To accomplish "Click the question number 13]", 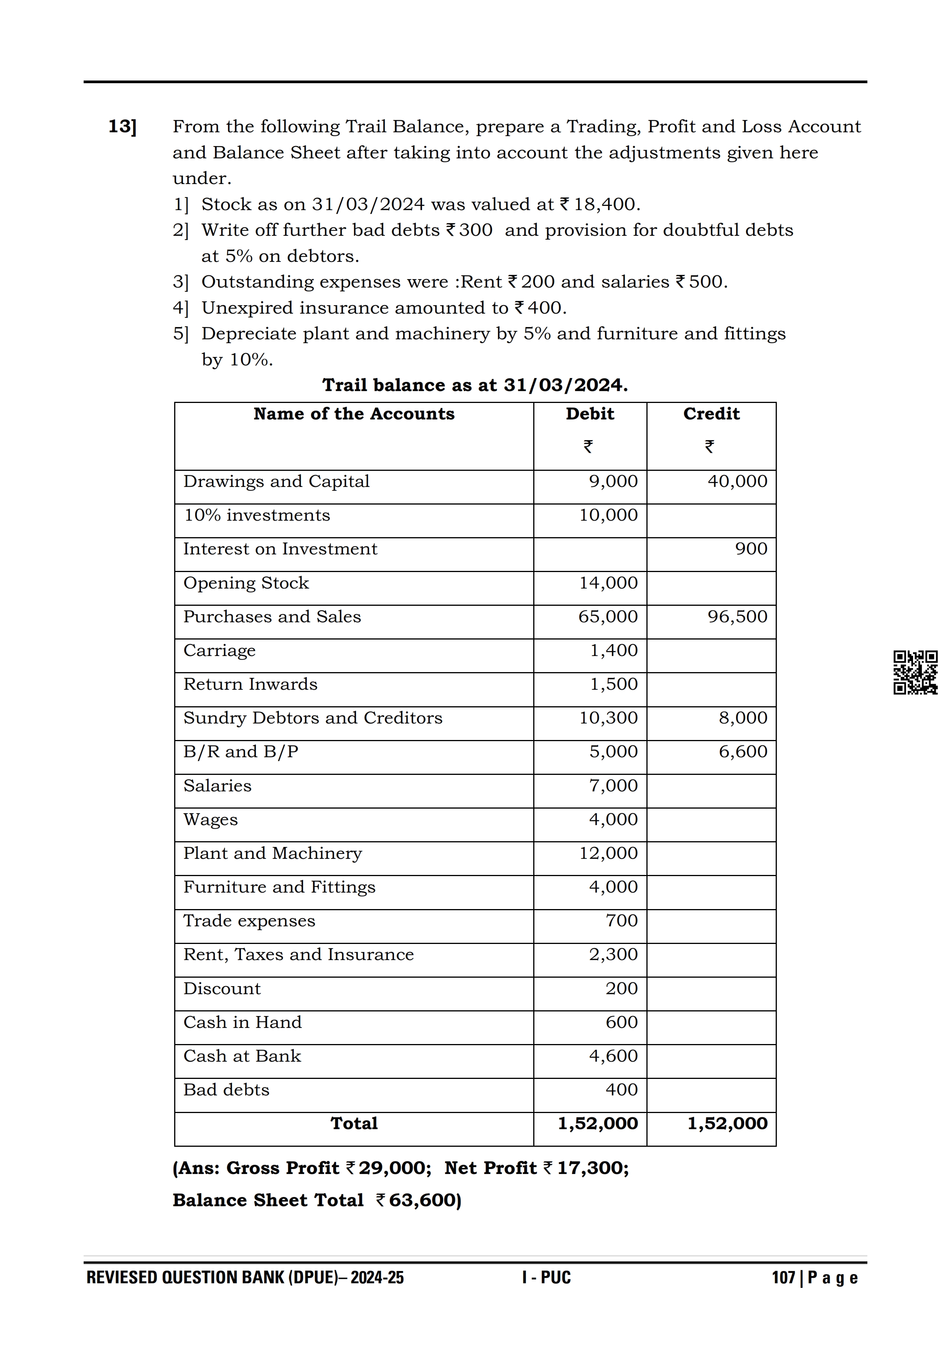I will [122, 127].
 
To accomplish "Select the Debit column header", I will [590, 414].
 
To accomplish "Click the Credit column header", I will [711, 414].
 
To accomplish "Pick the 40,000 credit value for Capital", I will [737, 482].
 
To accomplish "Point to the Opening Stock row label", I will [246, 584].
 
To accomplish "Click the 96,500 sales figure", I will [737, 617].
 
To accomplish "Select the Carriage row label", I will [220, 651].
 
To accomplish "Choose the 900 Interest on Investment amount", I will [751, 549].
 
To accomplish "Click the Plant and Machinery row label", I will [272, 853].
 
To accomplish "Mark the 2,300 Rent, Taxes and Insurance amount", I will [613, 955].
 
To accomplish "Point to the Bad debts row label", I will [226, 1090].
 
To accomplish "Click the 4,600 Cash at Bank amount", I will [613, 1056].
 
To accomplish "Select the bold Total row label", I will [354, 1123].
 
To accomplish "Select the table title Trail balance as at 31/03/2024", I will [475, 385].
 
